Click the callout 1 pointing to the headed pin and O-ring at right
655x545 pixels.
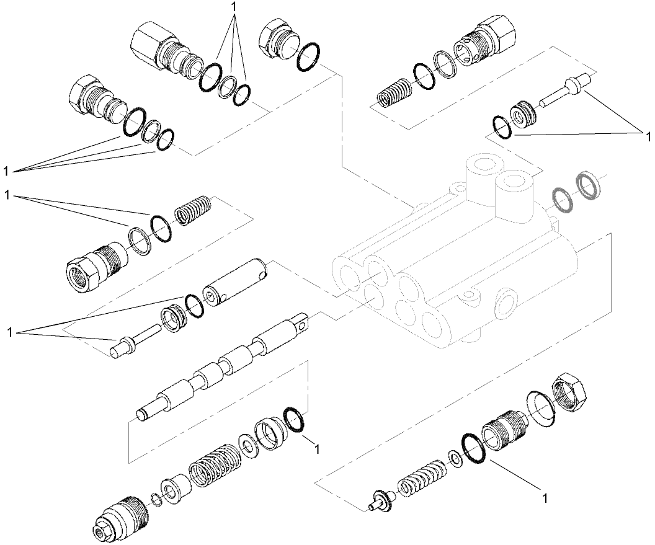647,135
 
